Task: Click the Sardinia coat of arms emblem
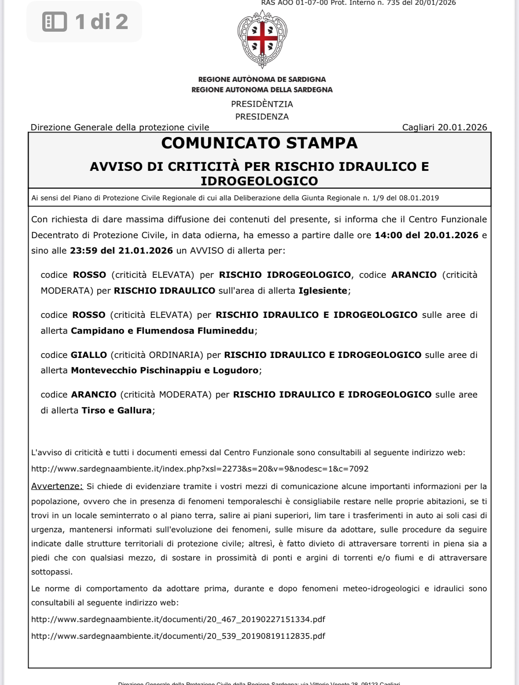click(262, 39)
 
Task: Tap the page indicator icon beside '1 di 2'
click(55, 22)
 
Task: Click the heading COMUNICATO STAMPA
click(259, 143)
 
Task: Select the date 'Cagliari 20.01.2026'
click(444, 127)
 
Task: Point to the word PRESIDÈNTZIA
click(262, 104)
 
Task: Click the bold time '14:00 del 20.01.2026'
click(426, 235)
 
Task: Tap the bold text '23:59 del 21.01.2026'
click(121, 250)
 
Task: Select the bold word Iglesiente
click(323, 291)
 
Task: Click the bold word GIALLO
click(89, 355)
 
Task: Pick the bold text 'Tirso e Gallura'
click(117, 410)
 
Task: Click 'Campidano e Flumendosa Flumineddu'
click(162, 331)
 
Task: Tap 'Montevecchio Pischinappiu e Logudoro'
click(165, 370)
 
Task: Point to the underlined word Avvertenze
click(57, 486)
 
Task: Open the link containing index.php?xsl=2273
click(200, 469)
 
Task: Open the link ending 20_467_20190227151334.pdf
click(178, 619)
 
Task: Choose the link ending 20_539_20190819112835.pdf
click(178, 636)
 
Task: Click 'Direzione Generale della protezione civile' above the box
click(120, 127)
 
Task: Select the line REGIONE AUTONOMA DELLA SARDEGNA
click(262, 90)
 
